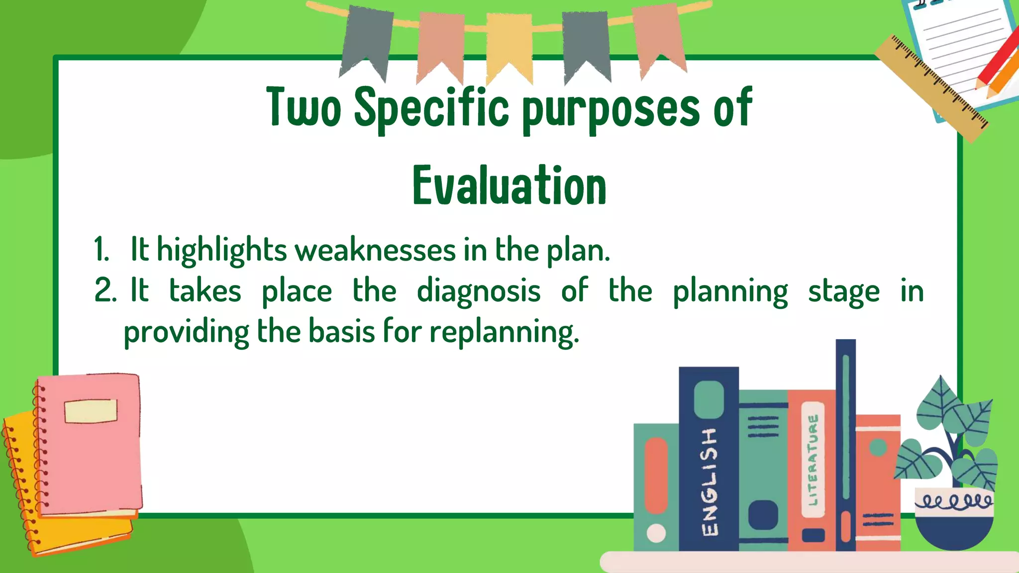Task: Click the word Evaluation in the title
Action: [x=509, y=186]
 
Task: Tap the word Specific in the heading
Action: [x=431, y=107]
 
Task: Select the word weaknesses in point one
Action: [x=376, y=250]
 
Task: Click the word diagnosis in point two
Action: [x=478, y=291]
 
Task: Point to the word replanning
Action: [x=504, y=332]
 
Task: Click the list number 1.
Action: [x=101, y=250]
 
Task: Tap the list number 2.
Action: [x=104, y=291]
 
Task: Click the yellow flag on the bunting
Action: [x=509, y=45]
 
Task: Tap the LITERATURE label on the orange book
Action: [x=813, y=460]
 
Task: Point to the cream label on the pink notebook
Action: [x=91, y=411]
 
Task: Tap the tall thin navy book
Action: [x=845, y=443]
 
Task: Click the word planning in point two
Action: [x=730, y=291]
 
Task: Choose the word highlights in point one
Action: [x=221, y=250]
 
